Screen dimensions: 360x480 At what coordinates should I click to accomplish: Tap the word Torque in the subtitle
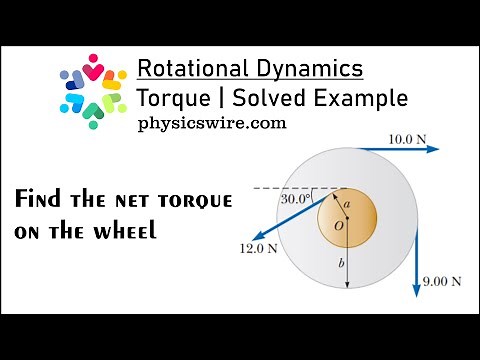tap(170, 98)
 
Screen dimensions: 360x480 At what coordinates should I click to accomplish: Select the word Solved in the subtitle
tap(268, 98)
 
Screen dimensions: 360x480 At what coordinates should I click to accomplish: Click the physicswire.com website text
tap(213, 124)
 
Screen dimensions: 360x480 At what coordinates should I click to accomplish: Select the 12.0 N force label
tap(256, 247)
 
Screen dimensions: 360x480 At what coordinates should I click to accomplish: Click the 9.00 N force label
tap(441, 282)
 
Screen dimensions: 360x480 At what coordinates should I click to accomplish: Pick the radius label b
tap(342, 267)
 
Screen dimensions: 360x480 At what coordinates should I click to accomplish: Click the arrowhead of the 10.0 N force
tap(434, 149)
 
